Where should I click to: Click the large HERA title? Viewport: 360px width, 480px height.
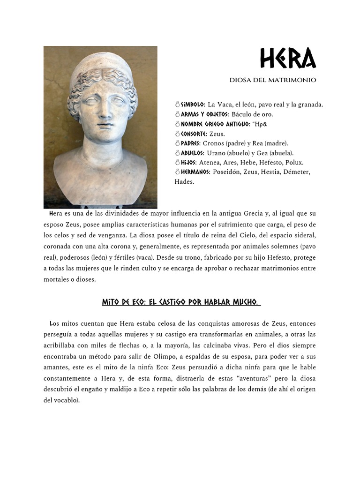288,60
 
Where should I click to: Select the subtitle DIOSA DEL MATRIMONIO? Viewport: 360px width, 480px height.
272,80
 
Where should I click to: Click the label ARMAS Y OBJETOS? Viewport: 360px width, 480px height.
204,114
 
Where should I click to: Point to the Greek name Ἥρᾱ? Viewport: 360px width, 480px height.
261,124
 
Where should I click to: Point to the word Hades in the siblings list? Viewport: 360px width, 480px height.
184,182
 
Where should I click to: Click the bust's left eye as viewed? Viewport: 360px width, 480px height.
91,101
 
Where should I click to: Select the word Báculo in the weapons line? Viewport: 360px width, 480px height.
242,114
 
